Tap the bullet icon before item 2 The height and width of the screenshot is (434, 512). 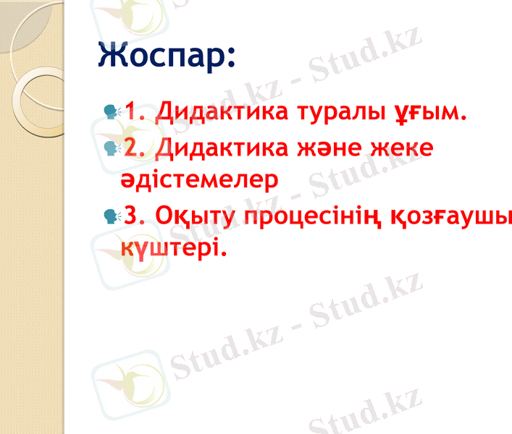point(112,148)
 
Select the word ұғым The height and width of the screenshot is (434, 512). point(428,114)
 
